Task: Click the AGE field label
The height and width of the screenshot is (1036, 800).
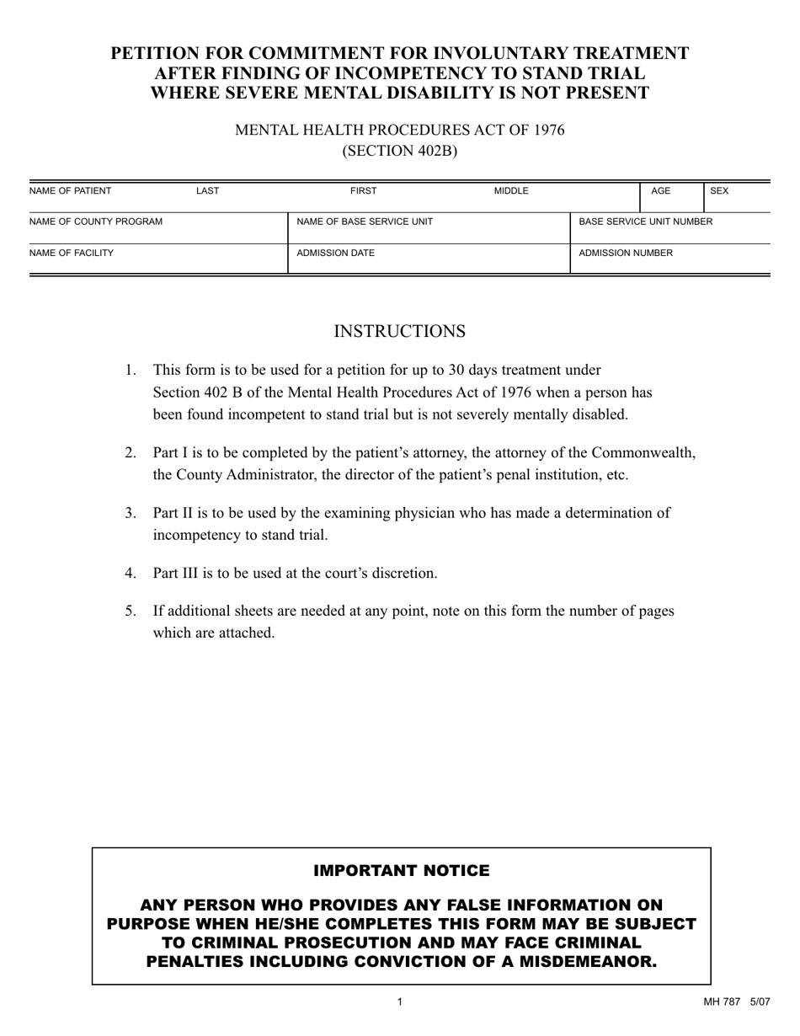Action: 661,191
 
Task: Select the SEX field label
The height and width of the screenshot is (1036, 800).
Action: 719,191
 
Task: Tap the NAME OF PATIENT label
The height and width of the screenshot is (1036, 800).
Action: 70,191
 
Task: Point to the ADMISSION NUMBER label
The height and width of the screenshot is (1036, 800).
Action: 626,253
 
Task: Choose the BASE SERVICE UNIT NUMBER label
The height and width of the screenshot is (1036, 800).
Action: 645,222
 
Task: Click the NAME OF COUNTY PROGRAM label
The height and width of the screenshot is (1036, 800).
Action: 96,222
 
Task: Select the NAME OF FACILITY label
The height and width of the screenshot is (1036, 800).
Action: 72,253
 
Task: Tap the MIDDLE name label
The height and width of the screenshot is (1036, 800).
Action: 511,191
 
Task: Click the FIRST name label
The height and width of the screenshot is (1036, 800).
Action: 364,191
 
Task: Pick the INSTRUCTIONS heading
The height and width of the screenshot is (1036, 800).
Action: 399,332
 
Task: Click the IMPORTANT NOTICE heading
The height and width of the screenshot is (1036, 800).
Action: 401,870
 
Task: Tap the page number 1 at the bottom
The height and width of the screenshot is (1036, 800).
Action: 399,1002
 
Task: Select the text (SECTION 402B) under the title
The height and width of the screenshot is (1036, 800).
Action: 399,152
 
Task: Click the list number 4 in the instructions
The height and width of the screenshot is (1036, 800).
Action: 131,574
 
